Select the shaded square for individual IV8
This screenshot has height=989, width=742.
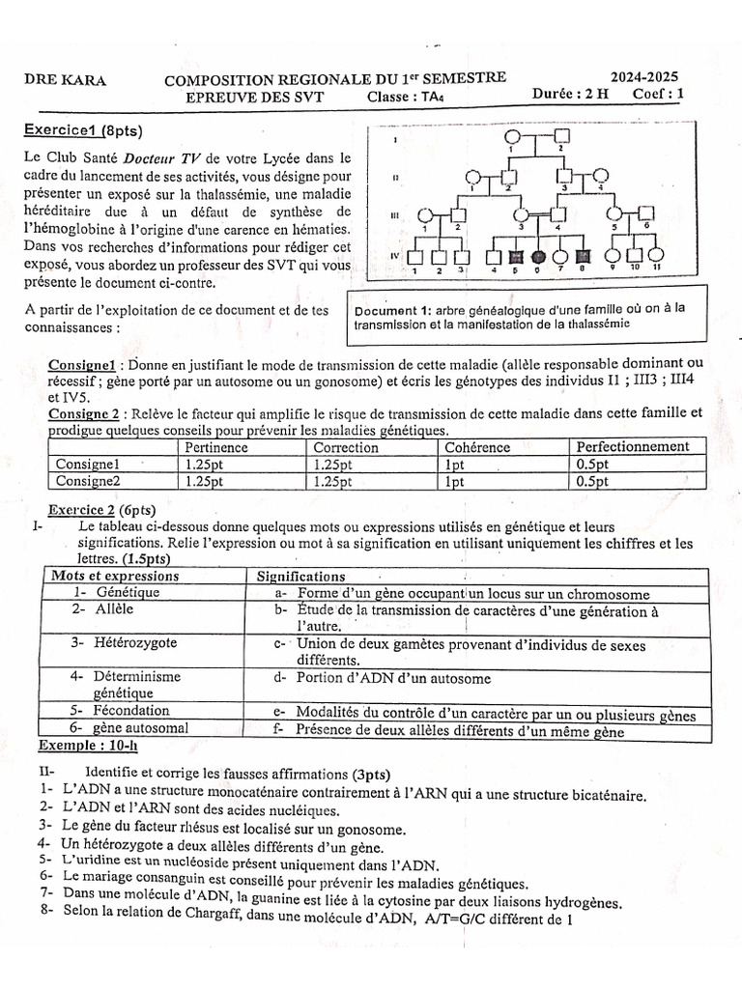coord(583,257)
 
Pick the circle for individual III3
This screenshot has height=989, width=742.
coord(521,215)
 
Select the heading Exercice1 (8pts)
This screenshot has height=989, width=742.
coord(84,129)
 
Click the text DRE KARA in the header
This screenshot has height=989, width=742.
coord(65,80)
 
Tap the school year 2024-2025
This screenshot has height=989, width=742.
coord(643,77)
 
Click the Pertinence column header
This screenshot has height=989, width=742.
coord(216,447)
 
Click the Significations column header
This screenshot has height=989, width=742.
coord(300,576)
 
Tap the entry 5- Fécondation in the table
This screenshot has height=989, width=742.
coord(113,712)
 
